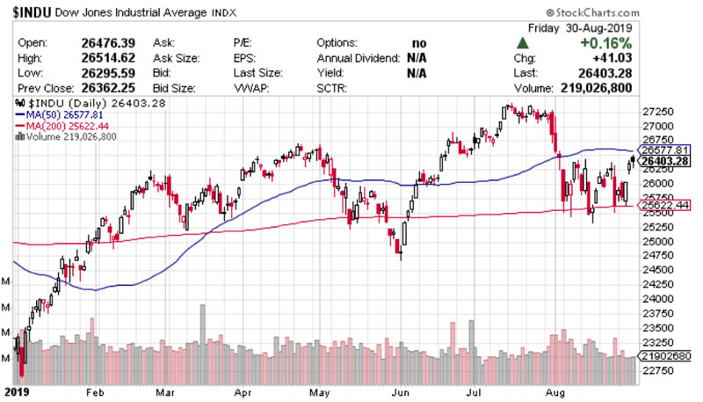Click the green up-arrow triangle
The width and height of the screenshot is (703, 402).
(x=524, y=42)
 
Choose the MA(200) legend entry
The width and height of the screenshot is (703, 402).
(x=55, y=126)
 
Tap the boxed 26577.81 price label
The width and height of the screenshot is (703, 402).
(x=663, y=150)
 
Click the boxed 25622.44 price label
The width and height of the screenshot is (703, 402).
(x=663, y=204)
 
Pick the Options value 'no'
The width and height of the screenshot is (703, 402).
(x=421, y=42)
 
